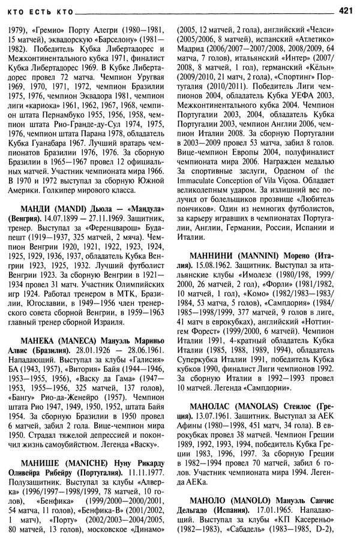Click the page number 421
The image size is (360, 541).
345,10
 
